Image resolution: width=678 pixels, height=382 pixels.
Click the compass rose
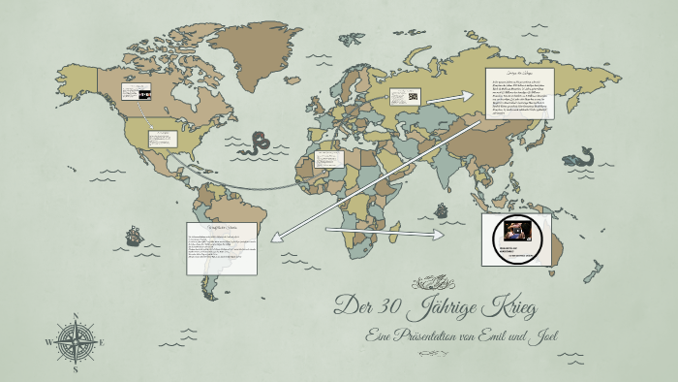tap(76, 342)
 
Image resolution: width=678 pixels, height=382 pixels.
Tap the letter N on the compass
tap(76, 316)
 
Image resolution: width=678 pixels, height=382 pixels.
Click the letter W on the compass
tap(49, 342)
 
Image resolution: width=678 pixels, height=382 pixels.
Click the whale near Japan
tap(582, 156)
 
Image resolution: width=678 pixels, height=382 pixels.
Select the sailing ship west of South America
tap(133, 236)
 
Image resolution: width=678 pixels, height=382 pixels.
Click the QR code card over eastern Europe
tap(405, 97)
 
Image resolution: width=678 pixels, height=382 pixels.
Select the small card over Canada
tap(137, 93)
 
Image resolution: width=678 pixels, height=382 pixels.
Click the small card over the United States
tap(163, 138)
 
